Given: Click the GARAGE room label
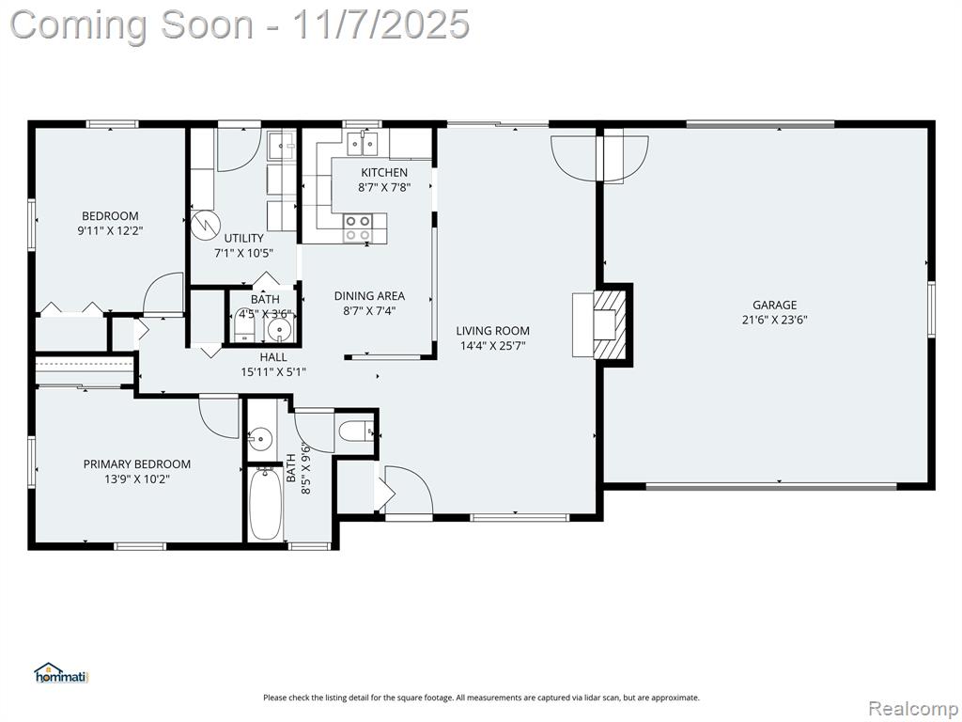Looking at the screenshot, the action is [774, 306].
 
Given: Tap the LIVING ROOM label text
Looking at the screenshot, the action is [492, 331].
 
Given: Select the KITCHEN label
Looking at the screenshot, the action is [384, 173].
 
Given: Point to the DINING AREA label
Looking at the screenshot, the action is [369, 296].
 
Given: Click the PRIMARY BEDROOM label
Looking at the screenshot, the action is [137, 464].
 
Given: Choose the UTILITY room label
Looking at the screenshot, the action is [243, 238].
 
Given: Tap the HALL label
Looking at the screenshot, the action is [273, 357].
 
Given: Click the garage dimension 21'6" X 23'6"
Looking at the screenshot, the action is [774, 320].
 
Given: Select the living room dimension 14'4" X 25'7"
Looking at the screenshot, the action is [492, 346].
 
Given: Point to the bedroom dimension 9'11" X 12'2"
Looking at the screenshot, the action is [111, 231].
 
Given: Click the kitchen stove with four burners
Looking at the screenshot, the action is [357, 228].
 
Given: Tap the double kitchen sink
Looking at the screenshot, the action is [364, 143].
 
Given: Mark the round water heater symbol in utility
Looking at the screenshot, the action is [205, 225].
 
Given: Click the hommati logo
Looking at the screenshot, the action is [61, 673].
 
